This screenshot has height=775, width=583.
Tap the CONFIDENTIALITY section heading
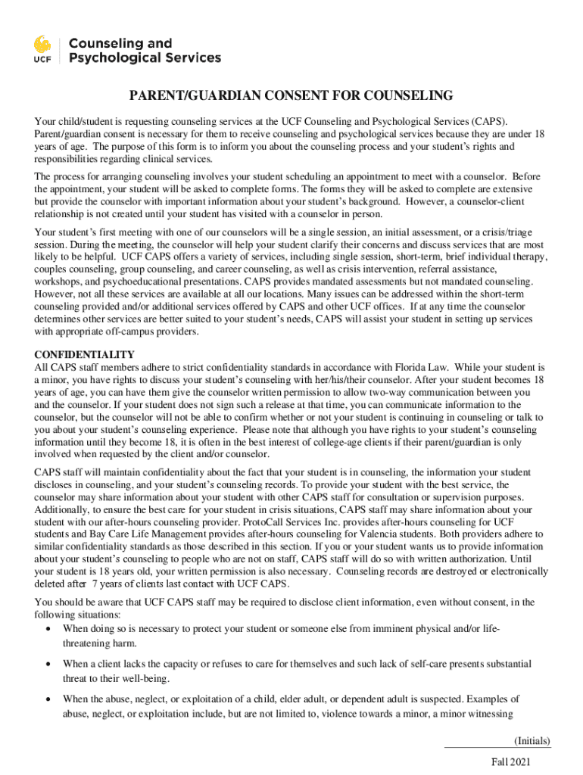point(85,355)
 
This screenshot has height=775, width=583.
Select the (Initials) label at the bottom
point(532,740)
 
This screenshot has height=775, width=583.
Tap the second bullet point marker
point(49,664)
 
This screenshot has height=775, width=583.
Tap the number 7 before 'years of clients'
point(95,584)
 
